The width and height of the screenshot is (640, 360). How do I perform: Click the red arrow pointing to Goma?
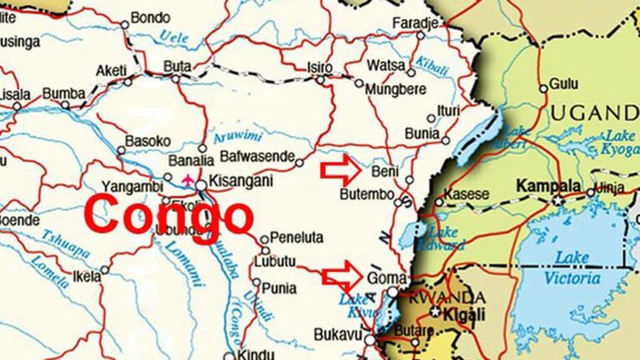coord(342,274)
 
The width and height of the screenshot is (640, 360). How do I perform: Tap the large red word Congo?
coord(169,215)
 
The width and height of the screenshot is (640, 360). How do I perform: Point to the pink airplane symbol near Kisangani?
coord(187,178)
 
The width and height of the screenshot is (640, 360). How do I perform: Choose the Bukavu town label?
coord(336,333)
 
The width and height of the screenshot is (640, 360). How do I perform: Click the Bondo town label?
coord(150,17)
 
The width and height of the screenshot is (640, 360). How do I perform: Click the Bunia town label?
coord(422,132)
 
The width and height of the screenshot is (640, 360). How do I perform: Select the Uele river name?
coord(174,36)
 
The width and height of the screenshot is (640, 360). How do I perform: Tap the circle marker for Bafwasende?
coord(298,162)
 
